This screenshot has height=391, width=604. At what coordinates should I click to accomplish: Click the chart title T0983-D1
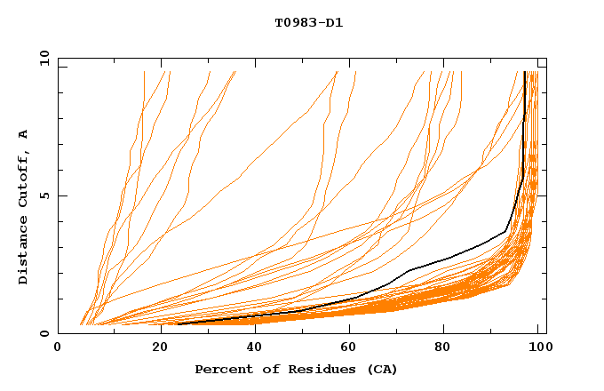pos(308,23)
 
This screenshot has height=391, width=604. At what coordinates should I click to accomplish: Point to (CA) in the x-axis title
pos(379,369)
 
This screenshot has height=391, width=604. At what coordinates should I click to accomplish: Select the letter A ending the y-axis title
pos(23,134)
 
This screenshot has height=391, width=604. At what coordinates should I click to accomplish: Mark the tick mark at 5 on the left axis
pos(61,195)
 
